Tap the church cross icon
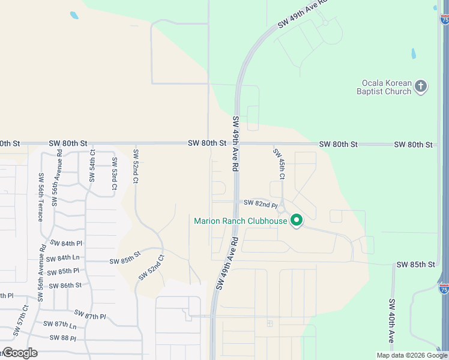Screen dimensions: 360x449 point(421,86)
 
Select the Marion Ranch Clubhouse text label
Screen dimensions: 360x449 point(240,221)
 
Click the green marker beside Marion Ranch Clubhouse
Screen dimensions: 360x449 point(296,221)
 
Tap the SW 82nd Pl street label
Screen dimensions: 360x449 point(260,204)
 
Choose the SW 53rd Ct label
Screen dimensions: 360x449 point(114,178)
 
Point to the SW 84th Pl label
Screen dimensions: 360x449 point(66,244)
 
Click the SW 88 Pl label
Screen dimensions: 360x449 point(61,338)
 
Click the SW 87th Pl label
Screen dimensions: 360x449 point(90,314)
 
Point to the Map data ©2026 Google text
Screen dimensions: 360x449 point(412,355)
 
